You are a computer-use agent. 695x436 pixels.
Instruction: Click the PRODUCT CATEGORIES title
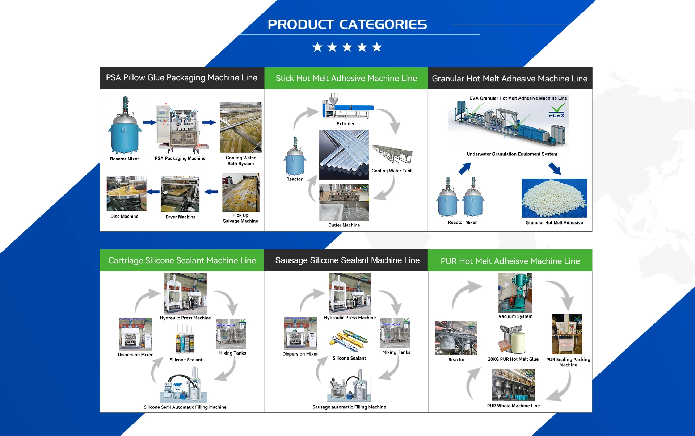pyautogui.click(x=347, y=25)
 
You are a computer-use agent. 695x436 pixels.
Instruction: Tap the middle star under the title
pyautogui.click(x=347, y=47)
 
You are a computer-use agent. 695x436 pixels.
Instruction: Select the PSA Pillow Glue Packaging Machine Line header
pyautogui.click(x=182, y=78)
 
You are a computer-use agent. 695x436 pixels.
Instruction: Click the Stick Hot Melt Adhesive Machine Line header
pyautogui.click(x=346, y=78)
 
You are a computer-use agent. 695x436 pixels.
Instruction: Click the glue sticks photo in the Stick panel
pyautogui.click(x=344, y=155)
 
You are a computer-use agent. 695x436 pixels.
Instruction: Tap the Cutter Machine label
pyautogui.click(x=344, y=225)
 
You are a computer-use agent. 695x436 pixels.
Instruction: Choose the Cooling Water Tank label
pyautogui.click(x=392, y=171)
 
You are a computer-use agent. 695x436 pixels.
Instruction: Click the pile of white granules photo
pyautogui.click(x=554, y=198)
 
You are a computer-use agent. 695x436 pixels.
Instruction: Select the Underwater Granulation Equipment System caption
pyautogui.click(x=512, y=154)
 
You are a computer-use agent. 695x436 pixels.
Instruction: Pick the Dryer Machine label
pyautogui.click(x=180, y=217)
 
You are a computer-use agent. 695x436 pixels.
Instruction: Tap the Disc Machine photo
pyautogui.click(x=126, y=194)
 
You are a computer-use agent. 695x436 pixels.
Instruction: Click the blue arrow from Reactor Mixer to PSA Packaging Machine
pyautogui.click(x=149, y=123)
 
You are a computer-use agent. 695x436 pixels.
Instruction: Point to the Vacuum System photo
pyautogui.click(x=515, y=293)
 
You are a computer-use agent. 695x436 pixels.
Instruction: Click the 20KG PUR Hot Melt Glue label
pyautogui.click(x=513, y=359)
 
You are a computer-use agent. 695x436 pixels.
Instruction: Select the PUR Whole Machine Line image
pyautogui.click(x=513, y=385)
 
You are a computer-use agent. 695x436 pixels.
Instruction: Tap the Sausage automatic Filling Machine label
pyautogui.click(x=349, y=407)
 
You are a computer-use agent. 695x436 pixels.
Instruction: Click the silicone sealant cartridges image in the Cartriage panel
pyautogui.click(x=185, y=339)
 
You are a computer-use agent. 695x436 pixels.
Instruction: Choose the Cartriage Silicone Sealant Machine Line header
pyautogui.click(x=182, y=260)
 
